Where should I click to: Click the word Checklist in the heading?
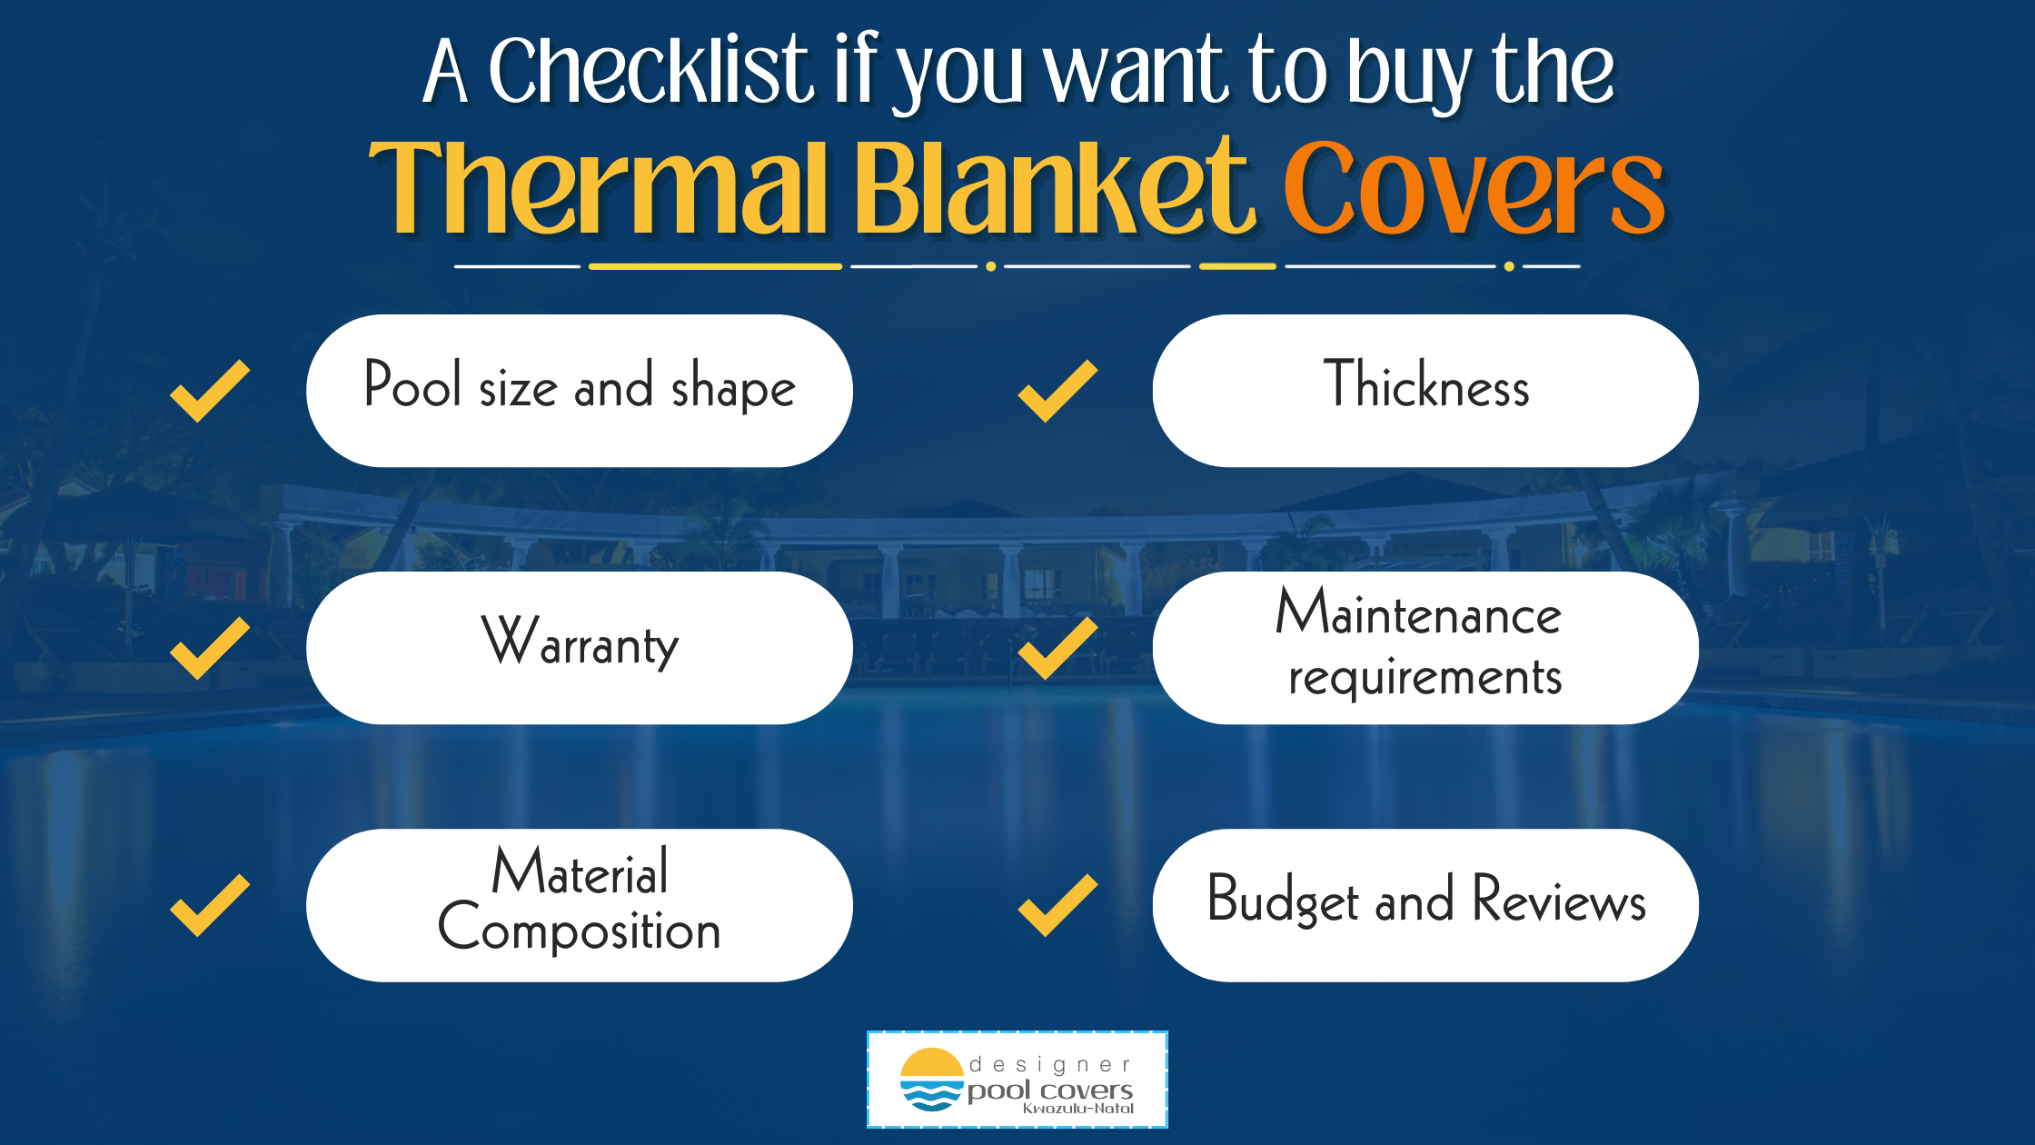point(650,70)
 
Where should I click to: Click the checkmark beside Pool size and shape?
point(210,391)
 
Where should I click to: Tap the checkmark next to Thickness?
point(1057,391)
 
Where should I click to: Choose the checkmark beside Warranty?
point(210,648)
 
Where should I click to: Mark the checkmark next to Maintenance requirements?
point(1057,648)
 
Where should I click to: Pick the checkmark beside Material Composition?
point(210,905)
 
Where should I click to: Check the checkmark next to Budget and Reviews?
point(1057,905)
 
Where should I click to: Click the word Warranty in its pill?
point(580,642)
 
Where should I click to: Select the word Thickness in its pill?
point(1426,384)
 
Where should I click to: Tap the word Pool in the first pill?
point(412,383)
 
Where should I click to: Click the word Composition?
point(580,928)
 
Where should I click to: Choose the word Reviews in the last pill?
point(1559,899)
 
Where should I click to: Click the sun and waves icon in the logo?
point(931,1080)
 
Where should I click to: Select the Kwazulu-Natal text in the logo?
point(1078,1109)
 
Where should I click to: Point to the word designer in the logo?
point(1050,1065)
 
